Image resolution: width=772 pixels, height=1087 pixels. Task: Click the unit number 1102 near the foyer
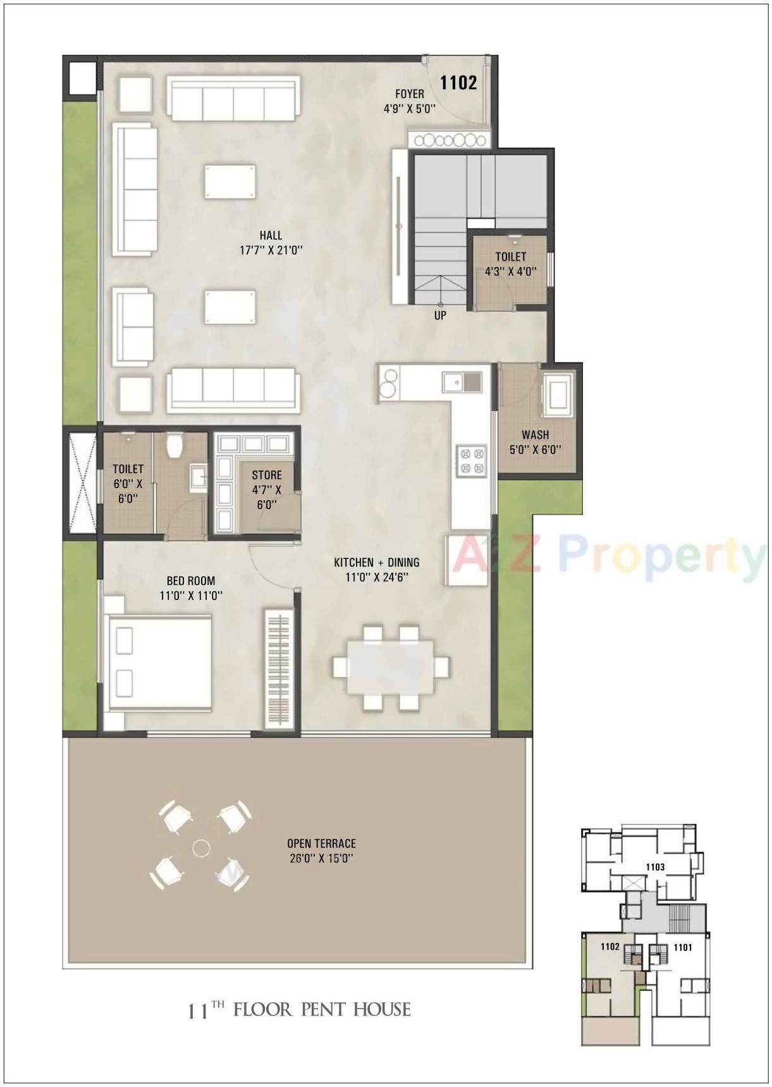pyautogui.click(x=458, y=83)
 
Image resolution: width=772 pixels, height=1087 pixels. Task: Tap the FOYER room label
pyautogui.click(x=410, y=94)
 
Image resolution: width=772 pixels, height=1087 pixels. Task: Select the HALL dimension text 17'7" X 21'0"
pyautogui.click(x=271, y=250)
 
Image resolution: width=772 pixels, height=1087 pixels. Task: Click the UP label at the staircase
pyautogui.click(x=440, y=315)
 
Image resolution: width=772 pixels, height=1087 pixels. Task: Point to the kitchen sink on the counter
pyautogui.click(x=462, y=381)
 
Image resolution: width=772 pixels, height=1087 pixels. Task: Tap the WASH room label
pyautogui.click(x=535, y=435)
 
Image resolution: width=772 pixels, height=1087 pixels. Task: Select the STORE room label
pyautogui.click(x=267, y=475)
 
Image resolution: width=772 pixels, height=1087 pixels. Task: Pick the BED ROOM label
pyautogui.click(x=191, y=580)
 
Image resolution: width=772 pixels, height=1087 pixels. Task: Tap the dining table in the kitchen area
pyautogui.click(x=391, y=667)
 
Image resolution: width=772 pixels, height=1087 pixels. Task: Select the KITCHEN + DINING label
pyautogui.click(x=377, y=562)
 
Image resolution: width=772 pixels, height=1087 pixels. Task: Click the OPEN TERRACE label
pyautogui.click(x=321, y=844)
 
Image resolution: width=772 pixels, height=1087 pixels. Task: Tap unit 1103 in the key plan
pyautogui.click(x=655, y=867)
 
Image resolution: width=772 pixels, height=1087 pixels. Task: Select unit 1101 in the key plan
pyautogui.click(x=683, y=947)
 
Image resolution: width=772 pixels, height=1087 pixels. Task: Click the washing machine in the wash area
pyautogui.click(x=560, y=395)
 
